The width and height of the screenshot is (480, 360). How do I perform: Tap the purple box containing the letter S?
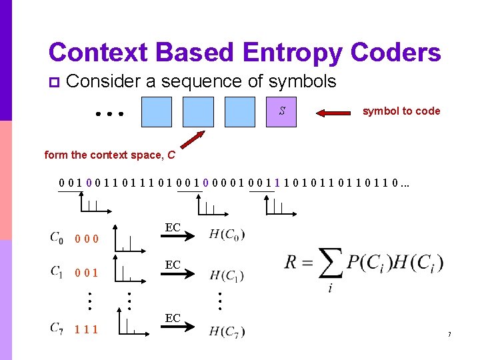[x=283, y=111]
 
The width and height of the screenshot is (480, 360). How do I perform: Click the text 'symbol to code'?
[x=401, y=111]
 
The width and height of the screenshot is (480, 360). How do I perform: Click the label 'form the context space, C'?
[x=110, y=155]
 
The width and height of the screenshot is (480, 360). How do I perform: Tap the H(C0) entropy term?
[x=227, y=234]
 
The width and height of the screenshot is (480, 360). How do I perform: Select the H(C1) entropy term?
[x=227, y=275]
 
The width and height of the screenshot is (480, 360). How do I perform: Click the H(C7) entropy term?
[x=227, y=331]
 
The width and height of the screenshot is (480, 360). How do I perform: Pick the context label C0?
[x=57, y=237]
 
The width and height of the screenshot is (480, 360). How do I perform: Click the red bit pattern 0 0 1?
[x=87, y=273]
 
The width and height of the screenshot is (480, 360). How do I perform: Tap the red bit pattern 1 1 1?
[x=87, y=329]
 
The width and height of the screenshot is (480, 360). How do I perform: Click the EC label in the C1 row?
[x=173, y=265]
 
